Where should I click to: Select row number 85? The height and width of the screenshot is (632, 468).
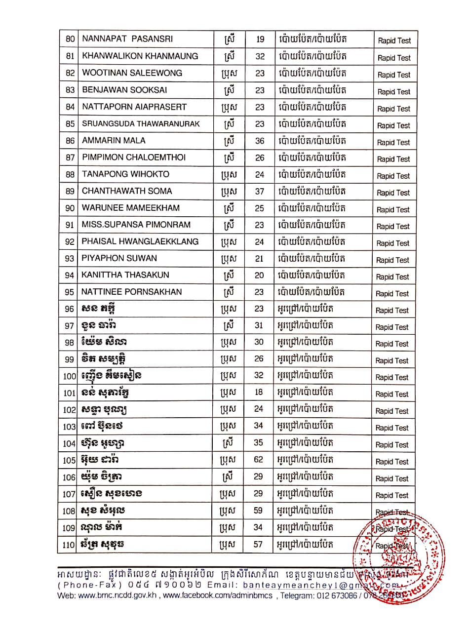tap(70, 123)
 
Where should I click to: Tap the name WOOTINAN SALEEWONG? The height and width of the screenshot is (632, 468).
tap(132, 73)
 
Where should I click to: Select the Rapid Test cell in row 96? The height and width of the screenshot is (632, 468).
tap(392, 311)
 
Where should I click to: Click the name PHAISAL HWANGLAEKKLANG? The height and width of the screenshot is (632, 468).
tap(140, 241)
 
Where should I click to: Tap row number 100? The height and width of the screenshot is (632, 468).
tap(70, 376)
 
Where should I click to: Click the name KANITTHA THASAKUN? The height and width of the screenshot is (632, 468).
tap(125, 275)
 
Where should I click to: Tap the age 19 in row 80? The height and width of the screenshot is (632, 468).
tap(260, 39)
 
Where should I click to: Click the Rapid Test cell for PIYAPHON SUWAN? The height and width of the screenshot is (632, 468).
tap(393, 260)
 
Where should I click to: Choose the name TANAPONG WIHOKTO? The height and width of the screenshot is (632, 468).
tap(125, 174)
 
